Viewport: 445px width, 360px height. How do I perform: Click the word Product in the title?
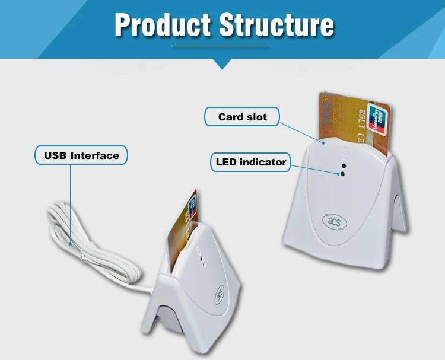pos(163,24)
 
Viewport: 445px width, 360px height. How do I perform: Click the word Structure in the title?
pos(276,24)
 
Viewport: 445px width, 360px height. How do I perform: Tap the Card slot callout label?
pos(242,117)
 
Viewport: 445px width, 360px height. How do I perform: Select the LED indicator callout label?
pos(251,162)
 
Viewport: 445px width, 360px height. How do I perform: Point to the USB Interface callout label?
pos(81,156)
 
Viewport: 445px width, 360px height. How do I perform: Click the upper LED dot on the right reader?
pos(342,166)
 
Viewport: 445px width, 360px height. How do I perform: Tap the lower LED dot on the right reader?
pos(341,174)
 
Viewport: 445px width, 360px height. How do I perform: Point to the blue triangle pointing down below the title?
pos(222,63)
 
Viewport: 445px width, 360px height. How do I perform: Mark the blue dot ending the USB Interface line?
pos(70,242)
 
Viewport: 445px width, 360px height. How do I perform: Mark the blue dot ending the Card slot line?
pos(323,143)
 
